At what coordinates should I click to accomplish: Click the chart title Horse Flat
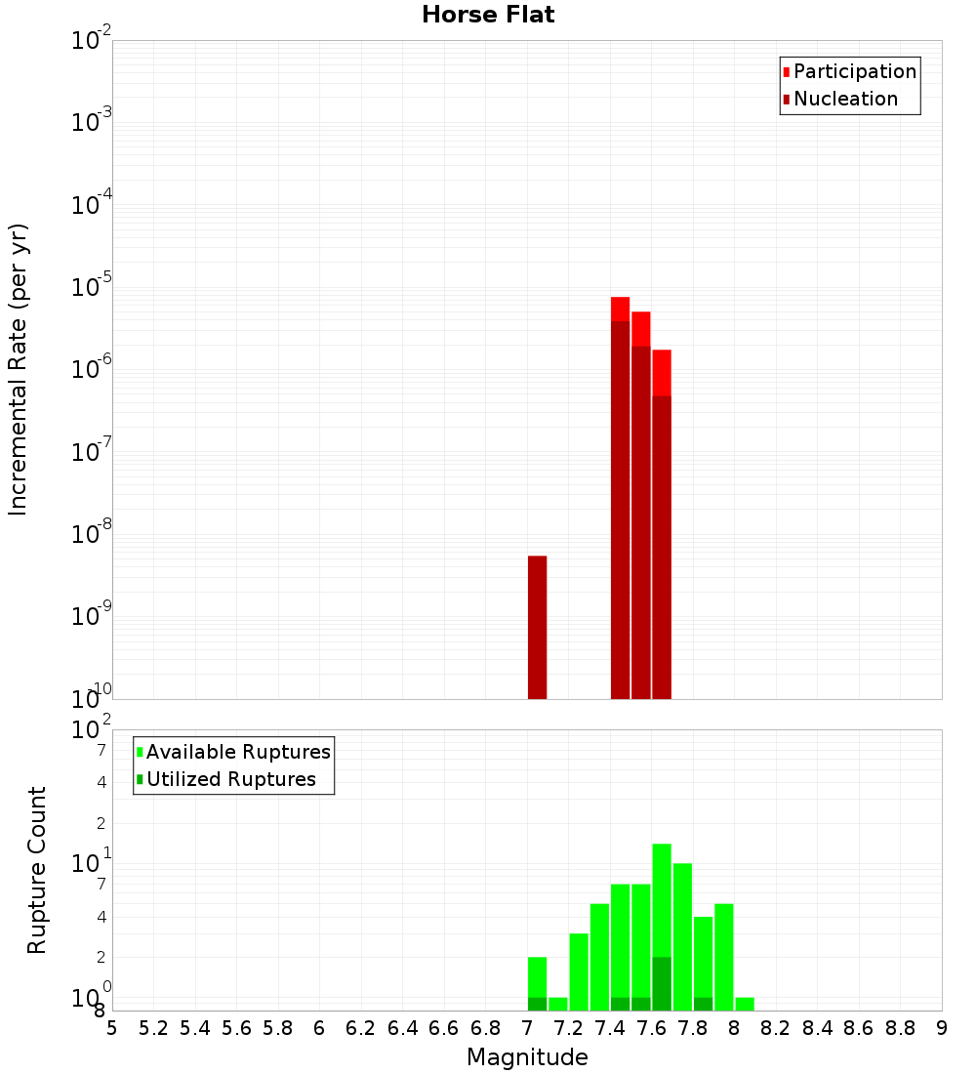click(x=488, y=15)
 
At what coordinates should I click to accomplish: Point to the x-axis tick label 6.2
click(x=361, y=1028)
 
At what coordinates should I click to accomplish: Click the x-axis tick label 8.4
click(x=817, y=1028)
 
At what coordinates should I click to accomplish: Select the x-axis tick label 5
click(x=112, y=1028)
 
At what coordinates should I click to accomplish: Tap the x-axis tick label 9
click(x=942, y=1028)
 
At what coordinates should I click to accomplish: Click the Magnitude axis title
click(x=527, y=1057)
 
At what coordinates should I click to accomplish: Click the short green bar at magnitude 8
click(x=745, y=1004)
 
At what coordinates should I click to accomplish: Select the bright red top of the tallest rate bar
click(x=620, y=309)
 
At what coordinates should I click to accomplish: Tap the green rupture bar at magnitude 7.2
click(x=579, y=971)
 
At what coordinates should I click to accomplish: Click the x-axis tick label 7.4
click(x=610, y=1028)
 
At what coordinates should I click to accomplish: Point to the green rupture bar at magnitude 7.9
click(x=724, y=957)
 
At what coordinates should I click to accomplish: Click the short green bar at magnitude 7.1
click(x=558, y=1004)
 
